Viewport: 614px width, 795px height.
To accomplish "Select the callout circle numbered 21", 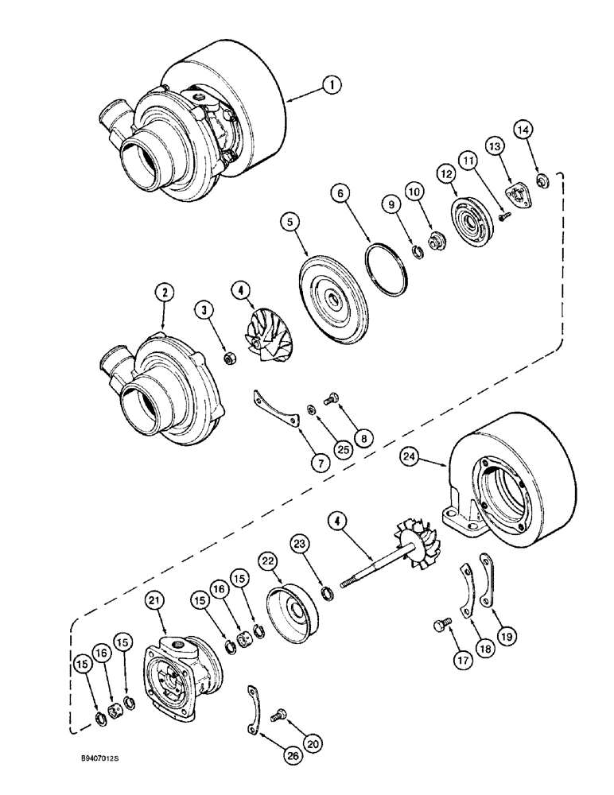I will tap(155, 601).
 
